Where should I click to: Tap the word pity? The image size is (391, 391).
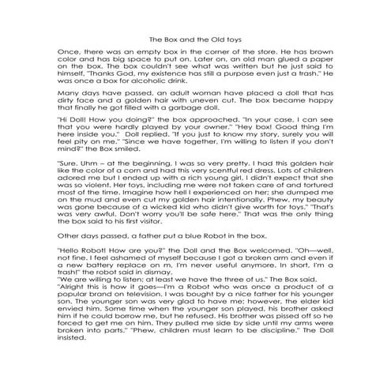pos(86,161)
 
